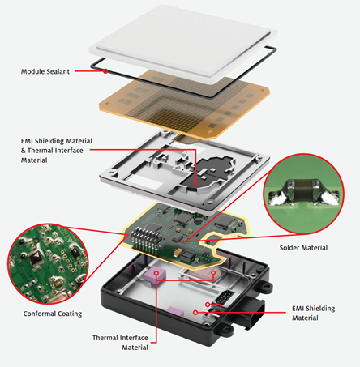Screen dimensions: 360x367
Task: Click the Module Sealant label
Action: [x=45, y=71]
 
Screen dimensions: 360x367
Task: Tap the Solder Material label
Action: [x=303, y=248]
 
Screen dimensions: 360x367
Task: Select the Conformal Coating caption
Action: [x=53, y=314]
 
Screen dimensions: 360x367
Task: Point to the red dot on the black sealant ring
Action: [x=105, y=71]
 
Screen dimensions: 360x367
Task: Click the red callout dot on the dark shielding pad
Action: [x=195, y=182]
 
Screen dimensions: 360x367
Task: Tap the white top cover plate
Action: [x=183, y=42]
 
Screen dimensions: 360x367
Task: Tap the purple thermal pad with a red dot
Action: [x=155, y=274]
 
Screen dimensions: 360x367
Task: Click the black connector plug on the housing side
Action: [x=255, y=314]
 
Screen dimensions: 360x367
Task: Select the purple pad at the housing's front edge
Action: [x=175, y=312]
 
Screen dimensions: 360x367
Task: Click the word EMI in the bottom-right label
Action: [x=298, y=309]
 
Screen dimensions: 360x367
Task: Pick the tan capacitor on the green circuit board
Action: [x=178, y=253]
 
